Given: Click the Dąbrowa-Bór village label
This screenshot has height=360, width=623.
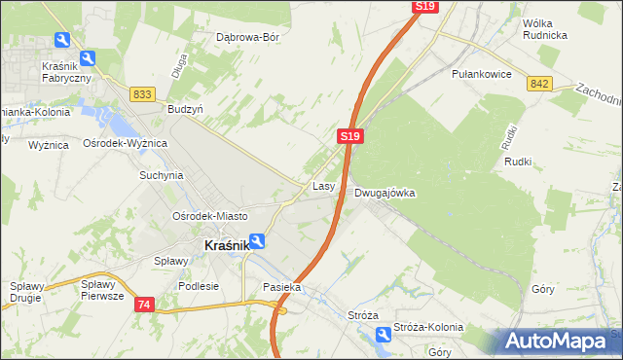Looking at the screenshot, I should point(247,38).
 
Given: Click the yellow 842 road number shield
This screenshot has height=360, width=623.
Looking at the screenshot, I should point(542,85).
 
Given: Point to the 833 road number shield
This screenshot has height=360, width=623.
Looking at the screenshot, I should point(143,93).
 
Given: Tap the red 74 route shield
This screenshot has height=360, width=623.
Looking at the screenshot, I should point(144,305).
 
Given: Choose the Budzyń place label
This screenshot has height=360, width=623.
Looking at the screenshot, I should point(185,110).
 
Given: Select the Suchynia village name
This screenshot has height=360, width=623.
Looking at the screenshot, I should point(162,176).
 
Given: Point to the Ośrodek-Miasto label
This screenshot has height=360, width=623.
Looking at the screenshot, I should point(209,216).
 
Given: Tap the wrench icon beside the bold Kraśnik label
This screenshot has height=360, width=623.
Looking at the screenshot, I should point(257,241).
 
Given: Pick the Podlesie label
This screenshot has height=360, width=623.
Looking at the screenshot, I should point(199,286).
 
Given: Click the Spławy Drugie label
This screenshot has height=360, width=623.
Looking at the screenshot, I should point(29,291).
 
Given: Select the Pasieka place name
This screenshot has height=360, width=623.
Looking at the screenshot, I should point(282,288).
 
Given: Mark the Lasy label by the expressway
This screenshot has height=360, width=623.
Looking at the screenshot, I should point(324,185).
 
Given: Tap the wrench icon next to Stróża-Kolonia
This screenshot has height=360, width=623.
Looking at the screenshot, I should point(383,335).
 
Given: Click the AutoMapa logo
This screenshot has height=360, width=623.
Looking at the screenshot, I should point(554,342).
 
